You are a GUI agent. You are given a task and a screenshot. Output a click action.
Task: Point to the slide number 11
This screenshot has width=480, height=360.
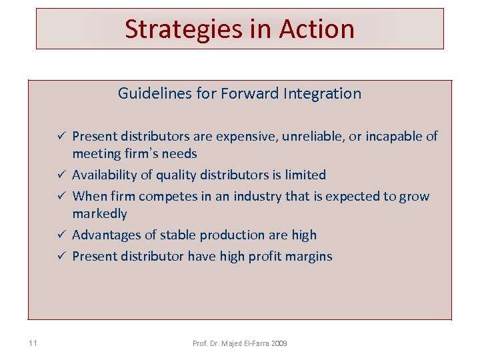click(x=33, y=343)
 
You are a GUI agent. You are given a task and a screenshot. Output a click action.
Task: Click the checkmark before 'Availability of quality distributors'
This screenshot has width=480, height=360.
click(x=61, y=175)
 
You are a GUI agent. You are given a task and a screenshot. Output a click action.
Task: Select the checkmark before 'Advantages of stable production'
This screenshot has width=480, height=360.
click(x=61, y=235)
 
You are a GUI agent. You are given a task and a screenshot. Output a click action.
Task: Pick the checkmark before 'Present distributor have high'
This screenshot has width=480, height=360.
click(x=61, y=257)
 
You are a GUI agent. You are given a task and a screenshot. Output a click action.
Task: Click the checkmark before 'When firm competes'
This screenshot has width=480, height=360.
click(x=61, y=197)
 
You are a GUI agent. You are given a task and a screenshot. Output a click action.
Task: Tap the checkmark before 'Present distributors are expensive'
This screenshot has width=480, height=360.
click(x=61, y=137)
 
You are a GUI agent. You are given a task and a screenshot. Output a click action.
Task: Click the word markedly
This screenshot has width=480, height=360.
click(x=99, y=214)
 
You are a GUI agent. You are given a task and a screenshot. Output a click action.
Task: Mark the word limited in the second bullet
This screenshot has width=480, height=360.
click(x=303, y=175)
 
